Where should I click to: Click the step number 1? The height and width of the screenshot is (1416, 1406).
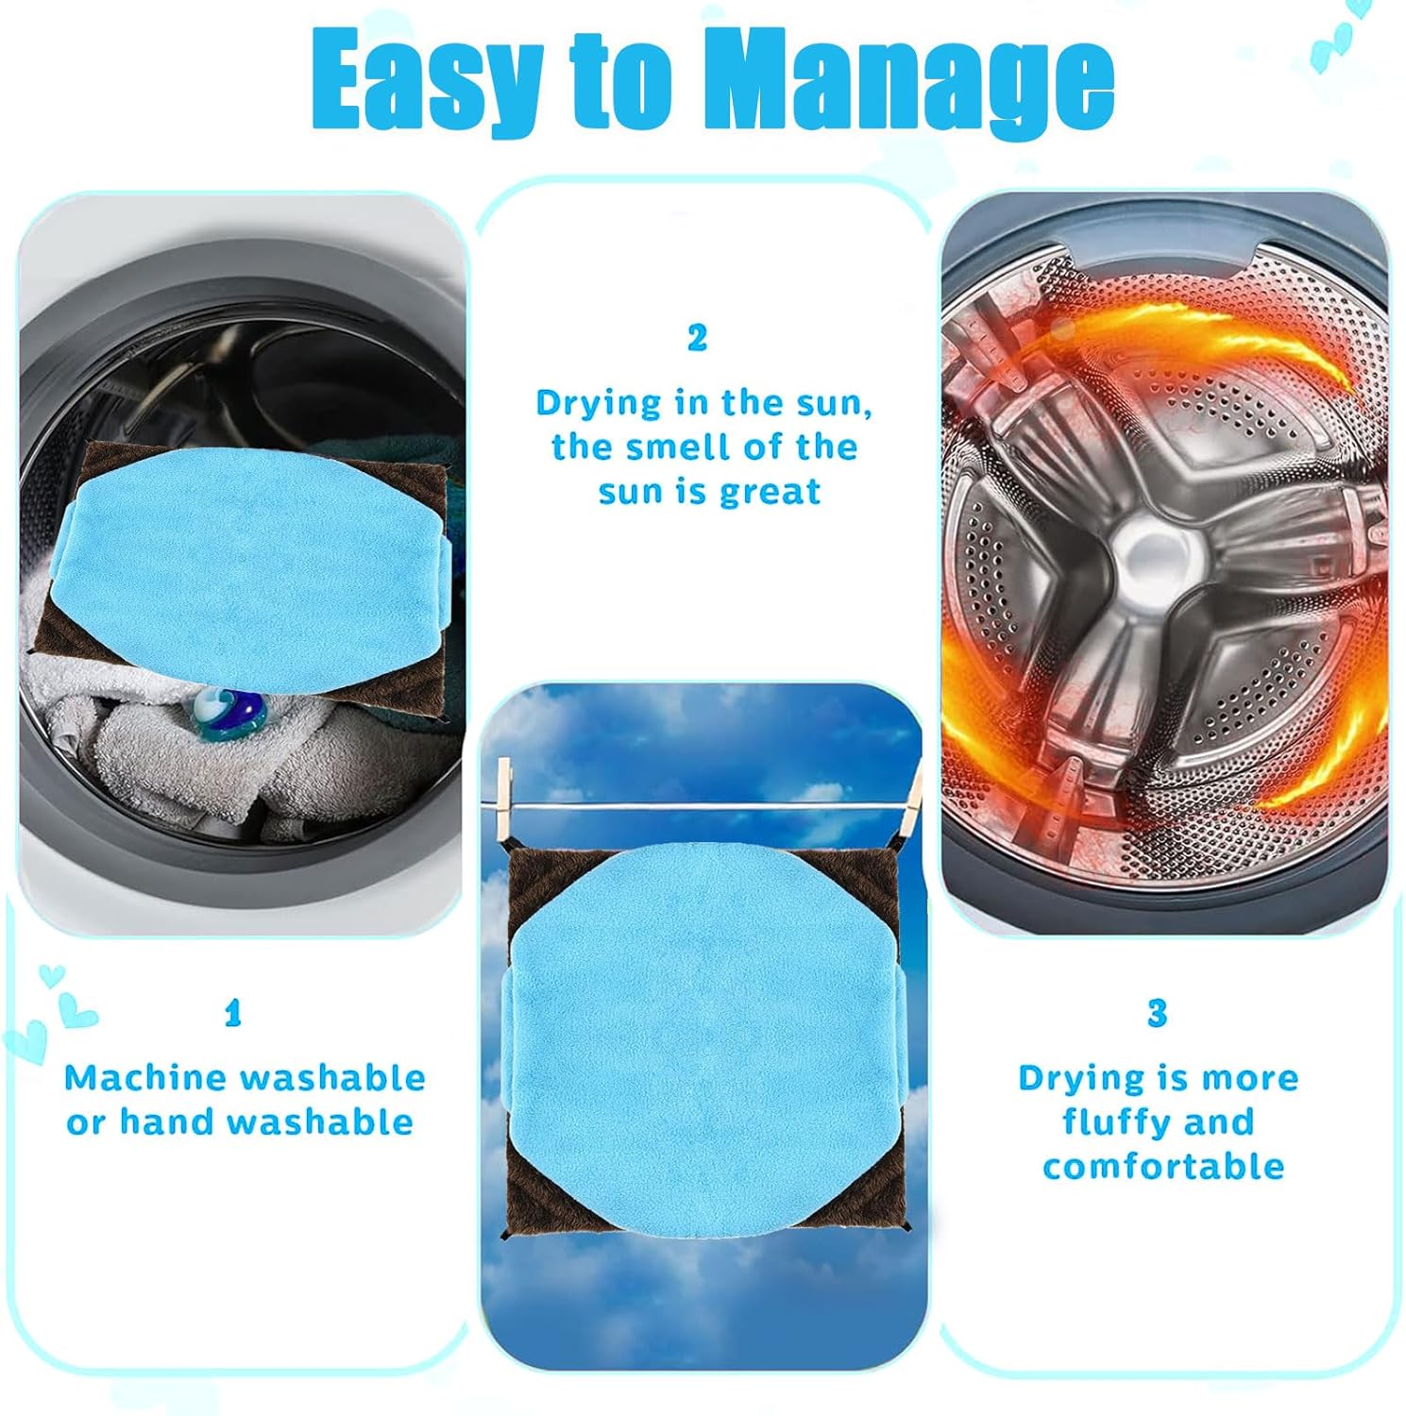point(233,1014)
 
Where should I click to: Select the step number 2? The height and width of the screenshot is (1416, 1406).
point(697,338)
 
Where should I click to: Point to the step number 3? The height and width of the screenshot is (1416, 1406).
point(1157,1014)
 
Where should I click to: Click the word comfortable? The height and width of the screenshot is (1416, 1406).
point(1163,1167)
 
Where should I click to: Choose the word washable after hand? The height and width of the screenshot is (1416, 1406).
point(320,1122)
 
